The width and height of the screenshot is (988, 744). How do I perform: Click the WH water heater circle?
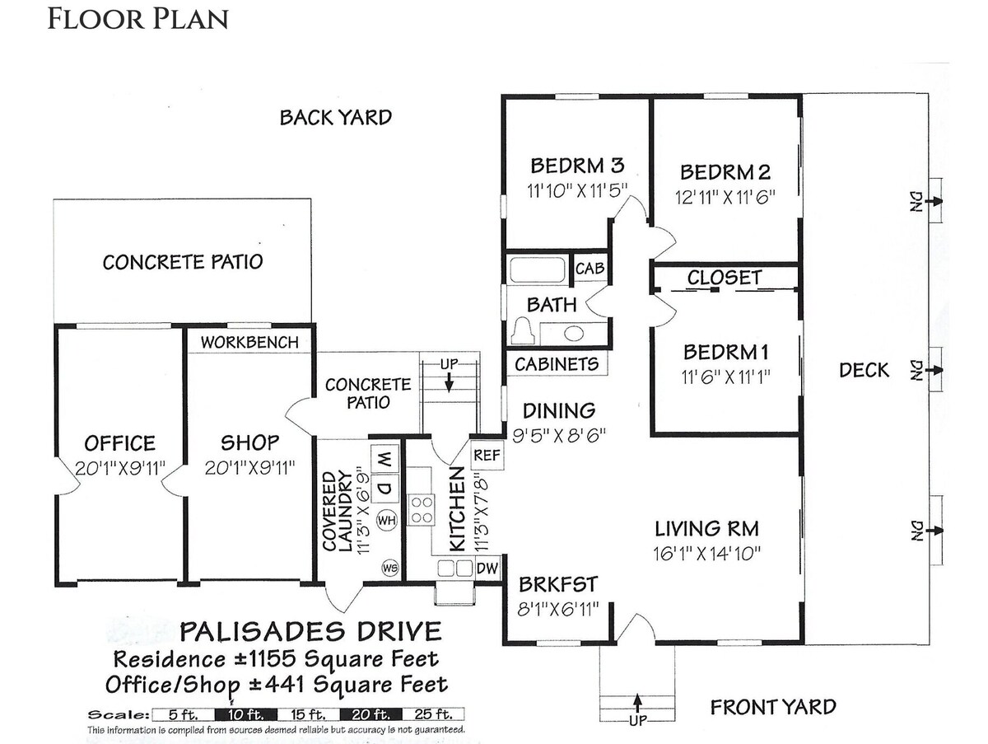(387, 521)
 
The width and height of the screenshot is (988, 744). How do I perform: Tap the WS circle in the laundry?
(389, 568)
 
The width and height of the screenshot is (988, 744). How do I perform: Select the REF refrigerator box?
(487, 456)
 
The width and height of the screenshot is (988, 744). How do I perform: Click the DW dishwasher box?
(487, 568)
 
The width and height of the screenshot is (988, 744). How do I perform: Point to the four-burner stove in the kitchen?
(422, 509)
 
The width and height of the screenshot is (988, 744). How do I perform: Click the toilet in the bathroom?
(524, 331)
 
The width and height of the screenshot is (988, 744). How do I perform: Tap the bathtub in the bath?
(537, 269)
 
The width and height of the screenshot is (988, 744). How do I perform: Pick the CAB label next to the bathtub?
(590, 269)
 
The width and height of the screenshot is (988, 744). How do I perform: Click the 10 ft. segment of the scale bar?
(245, 714)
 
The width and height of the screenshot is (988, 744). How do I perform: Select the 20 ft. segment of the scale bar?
(370, 714)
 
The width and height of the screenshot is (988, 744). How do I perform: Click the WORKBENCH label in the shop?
(249, 342)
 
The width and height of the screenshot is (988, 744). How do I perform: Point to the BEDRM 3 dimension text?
(577, 191)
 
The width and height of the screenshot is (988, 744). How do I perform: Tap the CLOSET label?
(725, 278)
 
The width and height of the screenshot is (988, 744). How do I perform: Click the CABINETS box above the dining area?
(557, 364)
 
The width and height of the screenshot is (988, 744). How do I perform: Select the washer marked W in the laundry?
(385, 459)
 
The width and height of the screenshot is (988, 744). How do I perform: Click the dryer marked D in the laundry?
(385, 489)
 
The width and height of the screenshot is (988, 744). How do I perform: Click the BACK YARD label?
(336, 118)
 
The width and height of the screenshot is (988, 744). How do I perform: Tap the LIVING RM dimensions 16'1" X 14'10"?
(707, 554)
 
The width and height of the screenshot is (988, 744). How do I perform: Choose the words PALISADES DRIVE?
(310, 631)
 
